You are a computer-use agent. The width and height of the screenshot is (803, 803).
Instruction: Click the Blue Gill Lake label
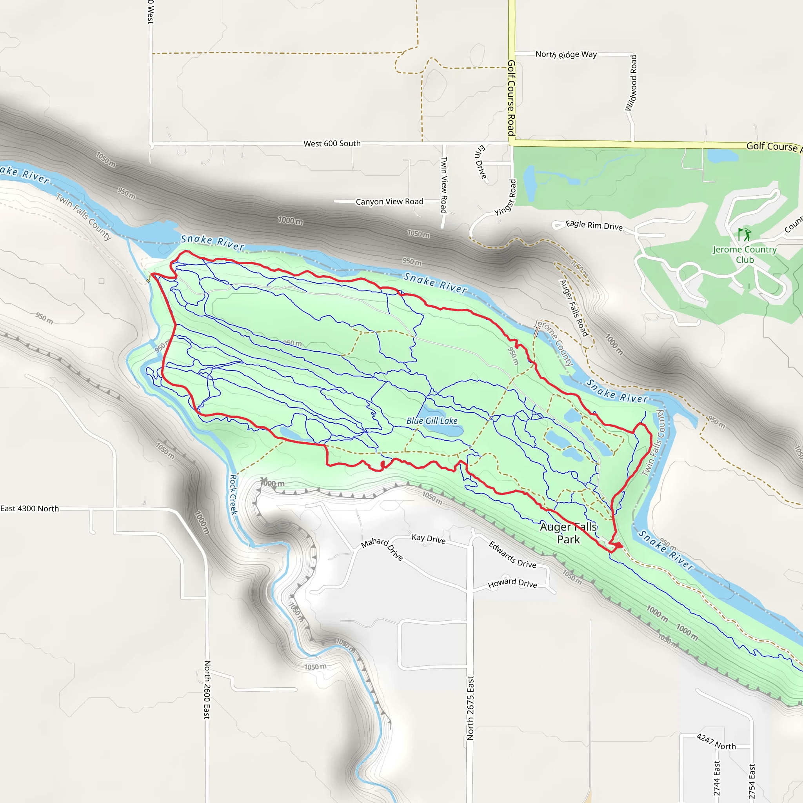point(432,421)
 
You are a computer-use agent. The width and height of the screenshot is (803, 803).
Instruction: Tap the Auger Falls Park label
point(568,533)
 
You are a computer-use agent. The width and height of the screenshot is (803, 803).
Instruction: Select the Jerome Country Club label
point(745,254)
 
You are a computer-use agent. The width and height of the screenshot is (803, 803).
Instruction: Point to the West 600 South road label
point(332,144)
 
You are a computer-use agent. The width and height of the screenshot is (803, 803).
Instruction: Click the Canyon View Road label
point(389,202)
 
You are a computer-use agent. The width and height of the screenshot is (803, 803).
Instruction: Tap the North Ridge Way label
point(566,55)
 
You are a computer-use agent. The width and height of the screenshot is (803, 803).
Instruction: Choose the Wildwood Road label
point(631,83)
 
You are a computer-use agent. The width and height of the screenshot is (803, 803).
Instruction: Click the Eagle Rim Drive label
point(594,225)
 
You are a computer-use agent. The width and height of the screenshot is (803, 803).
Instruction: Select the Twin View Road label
point(444,185)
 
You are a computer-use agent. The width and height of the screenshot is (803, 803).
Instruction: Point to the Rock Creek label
point(234,494)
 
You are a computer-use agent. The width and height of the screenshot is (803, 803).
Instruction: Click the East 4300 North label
point(29,509)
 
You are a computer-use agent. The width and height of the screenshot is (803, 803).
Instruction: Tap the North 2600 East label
point(207,690)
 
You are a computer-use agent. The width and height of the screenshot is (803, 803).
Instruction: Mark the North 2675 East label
point(470,708)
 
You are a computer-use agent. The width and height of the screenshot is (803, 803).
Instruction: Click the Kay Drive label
point(429,539)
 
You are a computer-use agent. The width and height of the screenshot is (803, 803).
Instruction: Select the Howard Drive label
point(512,583)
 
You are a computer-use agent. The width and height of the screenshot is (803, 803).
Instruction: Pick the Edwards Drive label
point(512,554)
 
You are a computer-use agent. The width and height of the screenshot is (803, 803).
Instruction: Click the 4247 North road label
point(716,742)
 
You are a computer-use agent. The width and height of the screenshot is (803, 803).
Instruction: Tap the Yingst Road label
point(505,198)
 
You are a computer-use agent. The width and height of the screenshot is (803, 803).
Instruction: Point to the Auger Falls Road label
point(574,308)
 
